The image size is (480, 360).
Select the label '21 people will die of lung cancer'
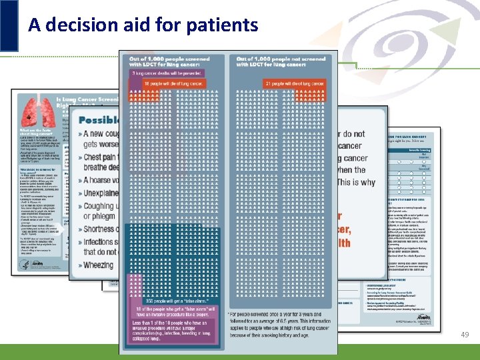click(293, 83)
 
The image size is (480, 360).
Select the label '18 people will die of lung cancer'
click(174, 83)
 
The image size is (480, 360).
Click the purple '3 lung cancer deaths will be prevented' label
click(167, 72)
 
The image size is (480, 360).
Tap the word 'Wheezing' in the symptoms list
click(98, 265)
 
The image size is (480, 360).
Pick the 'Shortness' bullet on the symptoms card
click(99, 229)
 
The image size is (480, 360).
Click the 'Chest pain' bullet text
click(101, 157)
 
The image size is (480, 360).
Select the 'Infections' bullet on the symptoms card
click(99, 241)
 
